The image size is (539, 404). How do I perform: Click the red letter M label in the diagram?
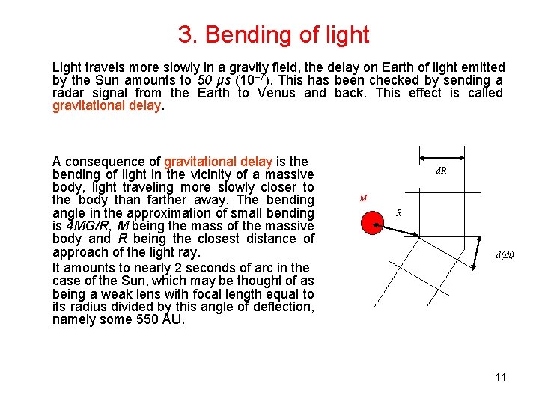click(x=362, y=198)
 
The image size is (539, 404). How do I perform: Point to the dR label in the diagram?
click(x=441, y=171)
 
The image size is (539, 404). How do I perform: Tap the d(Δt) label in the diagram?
click(x=505, y=255)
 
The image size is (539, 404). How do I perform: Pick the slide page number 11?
click(x=501, y=376)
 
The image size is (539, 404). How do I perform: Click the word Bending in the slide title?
click(x=243, y=34)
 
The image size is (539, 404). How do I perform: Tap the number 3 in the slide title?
click(x=185, y=34)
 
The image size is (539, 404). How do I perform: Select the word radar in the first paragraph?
click(x=68, y=93)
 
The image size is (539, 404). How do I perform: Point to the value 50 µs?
click(x=213, y=80)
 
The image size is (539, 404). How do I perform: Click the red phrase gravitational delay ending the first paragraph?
click(x=106, y=105)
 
